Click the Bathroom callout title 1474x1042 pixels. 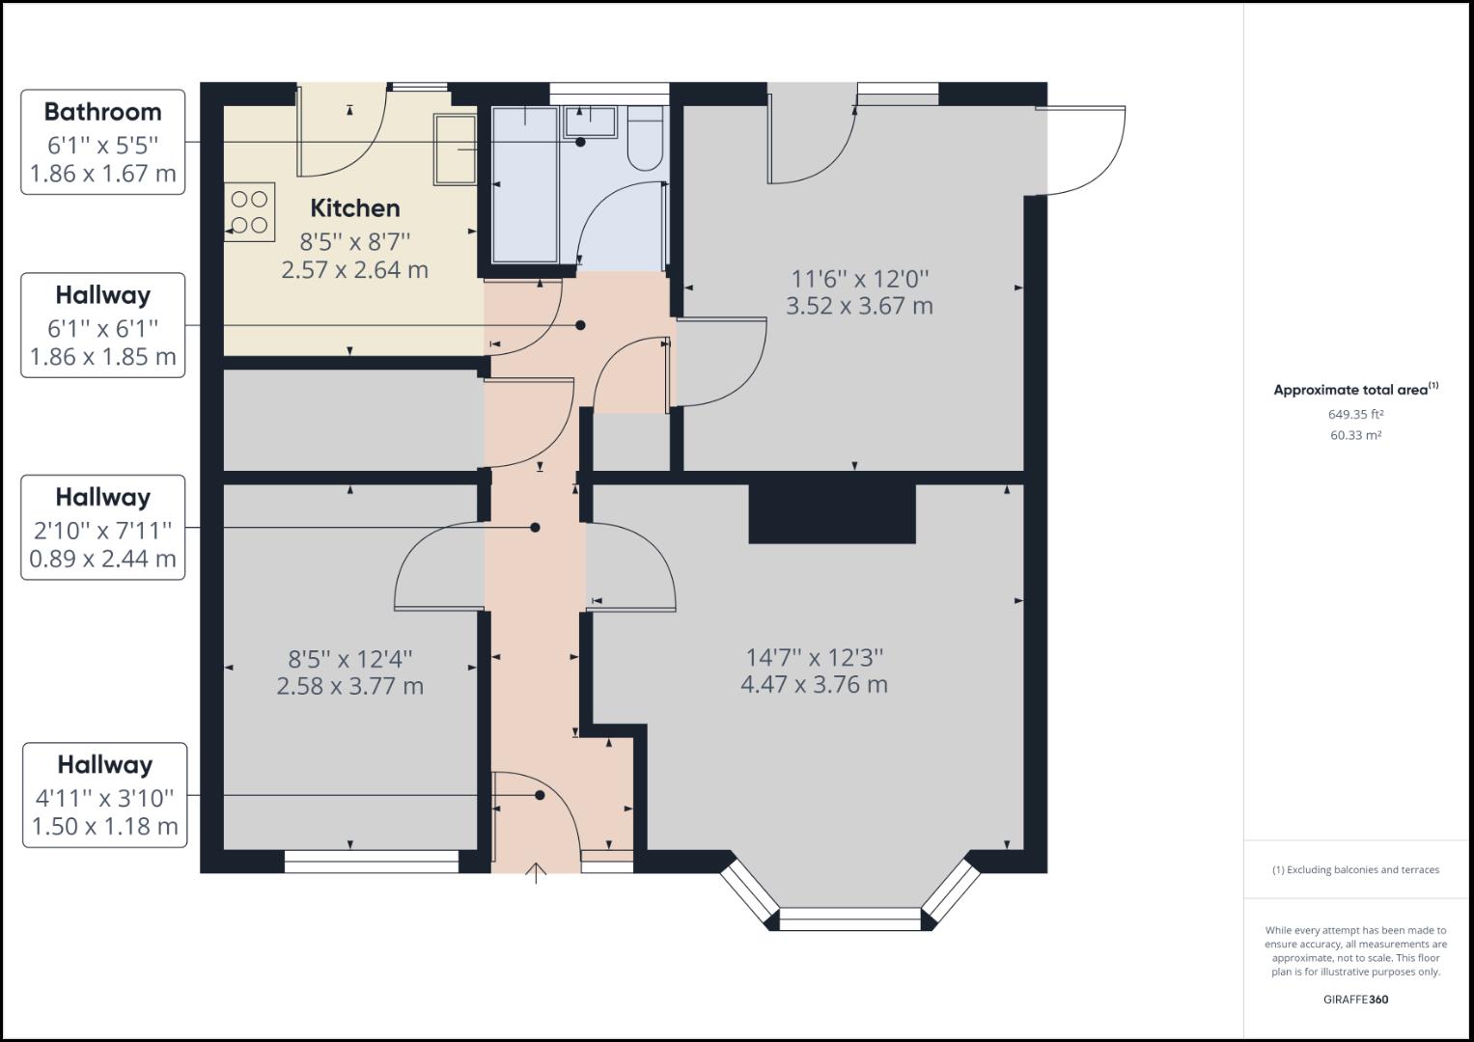[x=102, y=112]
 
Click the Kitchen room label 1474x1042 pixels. [x=354, y=208]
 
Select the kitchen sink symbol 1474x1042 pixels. [x=455, y=150]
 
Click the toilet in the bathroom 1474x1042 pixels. [x=645, y=141]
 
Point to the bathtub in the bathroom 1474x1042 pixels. [x=525, y=183]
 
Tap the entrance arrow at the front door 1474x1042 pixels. [x=536, y=873]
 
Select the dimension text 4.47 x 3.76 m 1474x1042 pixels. [x=814, y=685]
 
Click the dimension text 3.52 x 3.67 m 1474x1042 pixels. [x=859, y=307]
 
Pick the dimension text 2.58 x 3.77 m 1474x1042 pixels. [x=349, y=687]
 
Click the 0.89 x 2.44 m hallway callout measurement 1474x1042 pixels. [x=102, y=559]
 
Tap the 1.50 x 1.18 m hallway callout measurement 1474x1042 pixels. [x=104, y=827]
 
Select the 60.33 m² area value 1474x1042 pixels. [x=1355, y=435]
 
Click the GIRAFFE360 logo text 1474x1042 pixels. [x=1355, y=1000]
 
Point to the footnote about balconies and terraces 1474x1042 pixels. [x=1355, y=869]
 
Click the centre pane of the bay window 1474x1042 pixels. [x=849, y=919]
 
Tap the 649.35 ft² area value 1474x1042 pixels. [x=1355, y=414]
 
